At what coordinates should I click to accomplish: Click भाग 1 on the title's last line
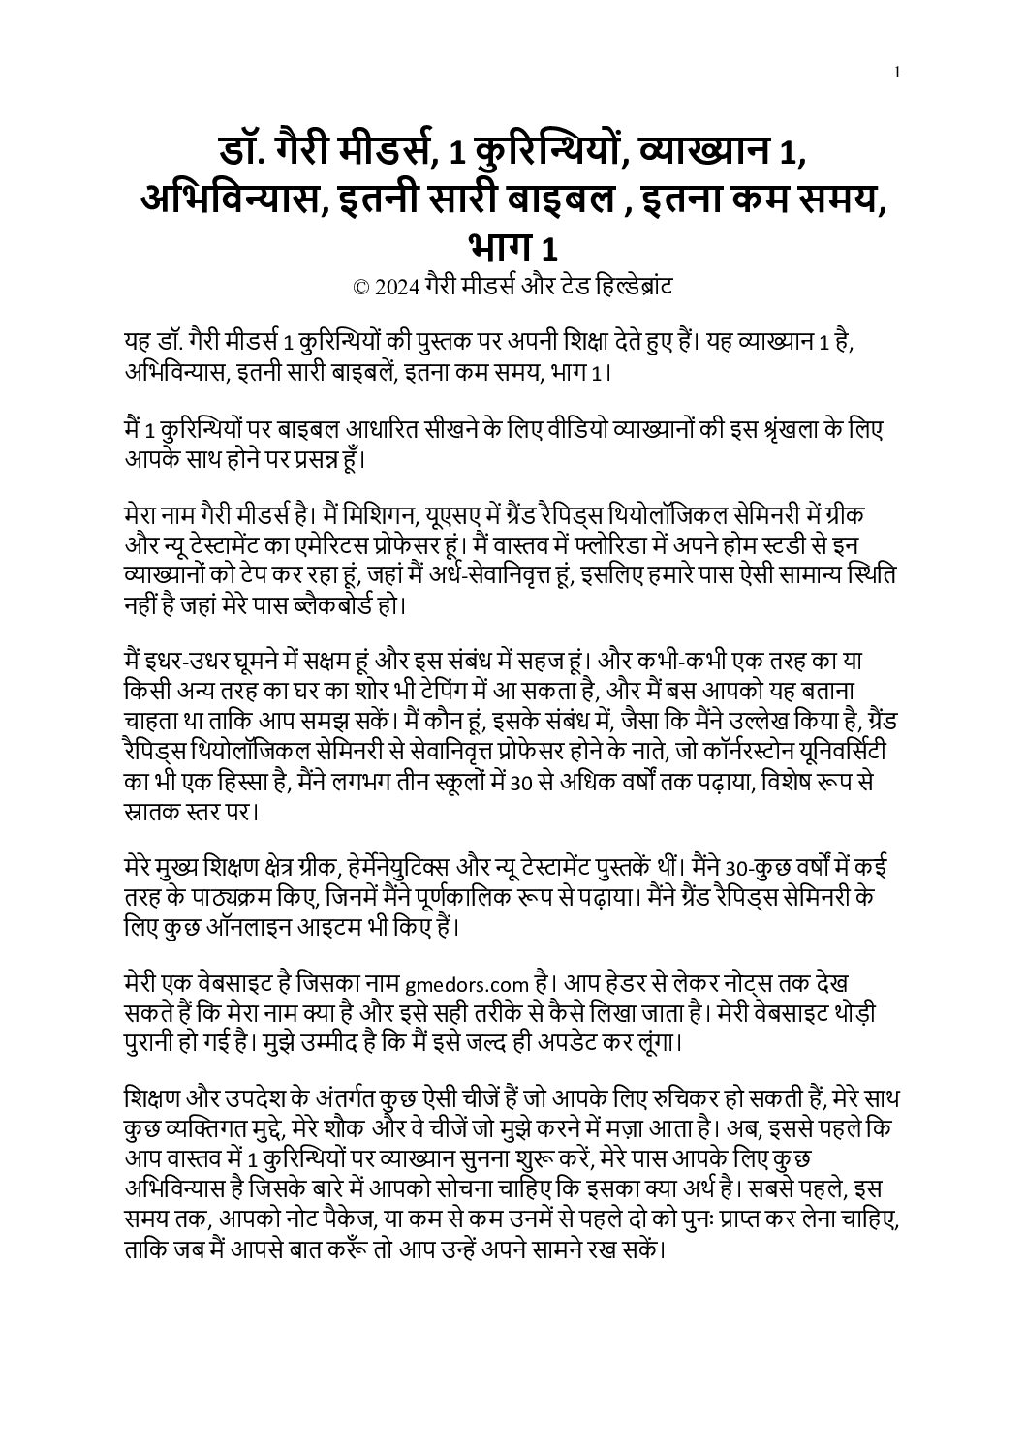[512, 248]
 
